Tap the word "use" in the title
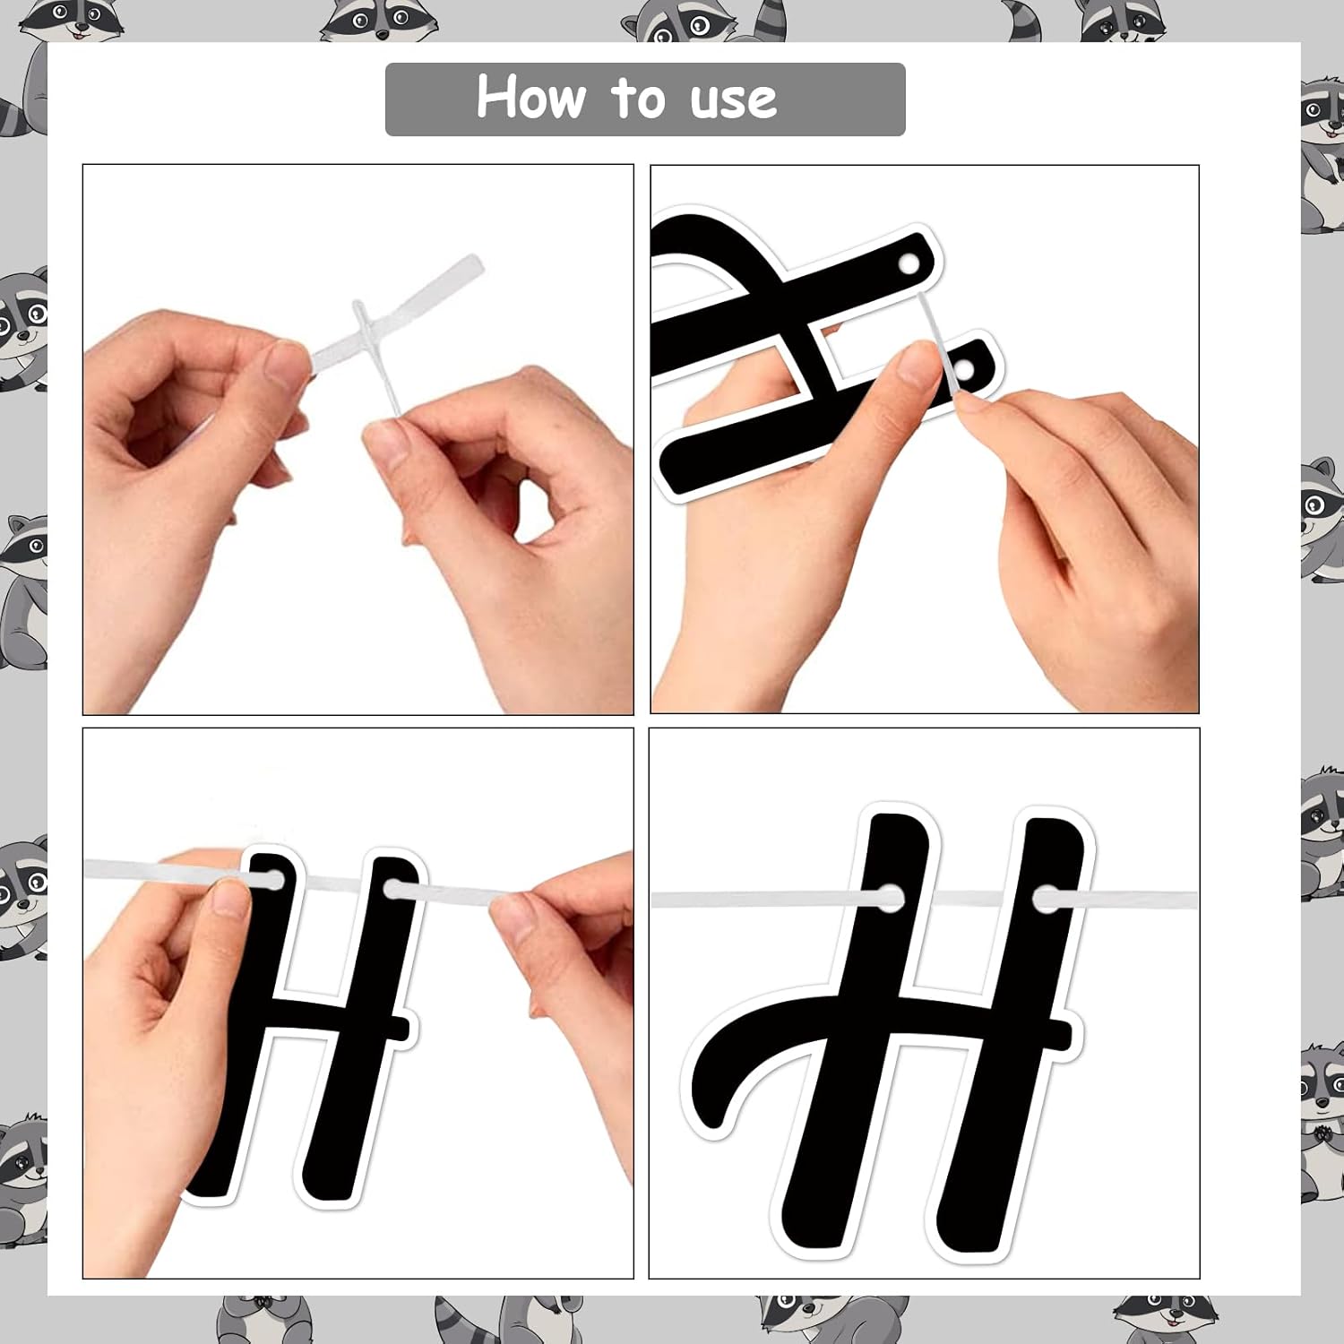point(734,101)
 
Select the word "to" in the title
point(638,99)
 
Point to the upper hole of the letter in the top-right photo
point(909,265)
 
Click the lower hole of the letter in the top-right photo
point(964,369)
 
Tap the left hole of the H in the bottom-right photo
point(890,897)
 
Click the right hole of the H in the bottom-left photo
point(393,890)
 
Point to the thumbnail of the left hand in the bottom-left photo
point(230,898)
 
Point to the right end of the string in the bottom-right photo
point(1195,900)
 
